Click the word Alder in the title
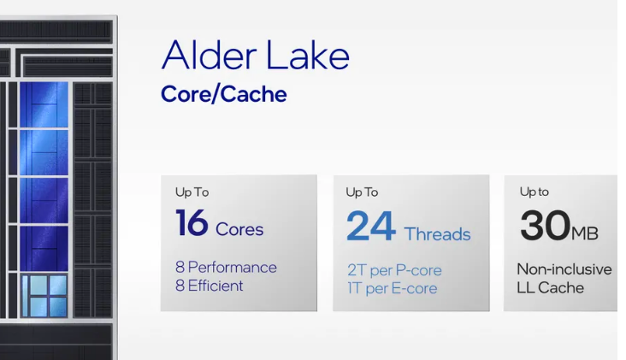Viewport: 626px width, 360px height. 209,55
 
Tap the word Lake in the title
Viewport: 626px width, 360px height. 308,55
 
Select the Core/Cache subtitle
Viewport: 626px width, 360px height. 223,95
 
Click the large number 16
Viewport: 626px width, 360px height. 192,222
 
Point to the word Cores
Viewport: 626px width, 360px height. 239,229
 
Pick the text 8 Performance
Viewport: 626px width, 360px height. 226,268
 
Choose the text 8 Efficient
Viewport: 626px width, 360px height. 210,286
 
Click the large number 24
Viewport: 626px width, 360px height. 371,226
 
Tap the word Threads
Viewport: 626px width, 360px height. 438,234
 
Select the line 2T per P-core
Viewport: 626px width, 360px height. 394,270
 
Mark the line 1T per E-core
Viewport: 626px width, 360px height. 393,288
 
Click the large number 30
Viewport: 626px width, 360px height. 546,226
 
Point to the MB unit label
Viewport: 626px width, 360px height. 585,233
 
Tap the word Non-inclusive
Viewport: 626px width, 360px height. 564,269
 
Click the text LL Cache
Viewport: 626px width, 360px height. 550,288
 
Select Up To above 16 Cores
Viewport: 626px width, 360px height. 192,192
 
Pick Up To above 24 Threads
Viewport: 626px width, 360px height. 362,192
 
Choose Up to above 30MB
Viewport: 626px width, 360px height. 534,192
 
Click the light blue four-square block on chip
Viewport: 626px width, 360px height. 44,296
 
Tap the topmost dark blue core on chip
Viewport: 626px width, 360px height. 44,105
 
